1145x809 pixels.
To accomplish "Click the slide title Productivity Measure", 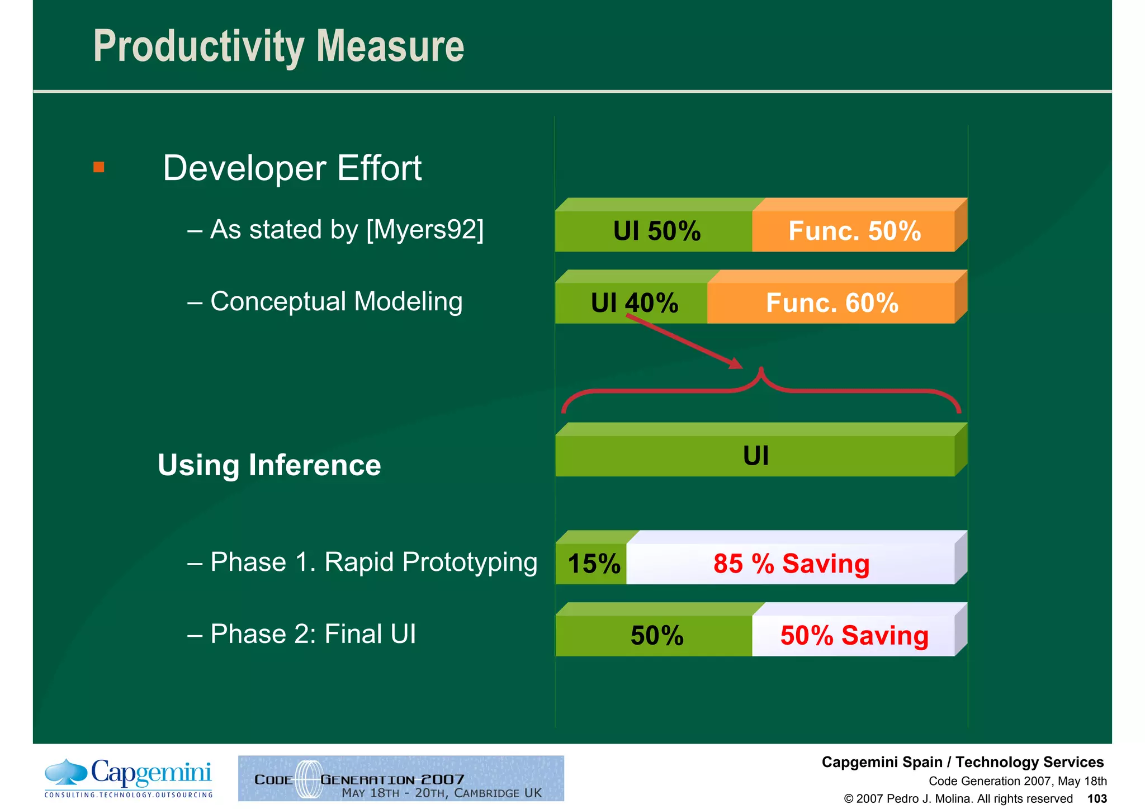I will click(x=278, y=46).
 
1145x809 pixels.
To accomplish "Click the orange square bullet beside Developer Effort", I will click(x=99, y=167).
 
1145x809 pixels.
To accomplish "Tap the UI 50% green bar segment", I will click(x=654, y=231).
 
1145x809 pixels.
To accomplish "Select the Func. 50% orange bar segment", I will click(x=854, y=231).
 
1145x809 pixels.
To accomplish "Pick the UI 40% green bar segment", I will click(x=632, y=303).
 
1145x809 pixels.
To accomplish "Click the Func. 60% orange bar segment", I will click(x=831, y=303).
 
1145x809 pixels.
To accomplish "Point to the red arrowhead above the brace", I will click(x=736, y=363).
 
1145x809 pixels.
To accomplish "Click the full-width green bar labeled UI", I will click(x=755, y=456).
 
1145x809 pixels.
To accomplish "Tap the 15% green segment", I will click(x=592, y=564).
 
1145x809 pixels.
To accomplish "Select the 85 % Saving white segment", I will click(x=791, y=564).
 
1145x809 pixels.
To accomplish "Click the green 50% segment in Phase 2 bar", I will click(x=655, y=636).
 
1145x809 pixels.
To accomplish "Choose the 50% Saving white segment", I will click(x=854, y=636).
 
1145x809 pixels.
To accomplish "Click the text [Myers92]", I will click(x=425, y=230).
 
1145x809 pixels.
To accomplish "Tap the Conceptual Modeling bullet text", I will click(x=335, y=302).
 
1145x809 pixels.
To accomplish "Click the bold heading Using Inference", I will click(x=269, y=465).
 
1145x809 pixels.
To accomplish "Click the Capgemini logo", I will click(x=129, y=778).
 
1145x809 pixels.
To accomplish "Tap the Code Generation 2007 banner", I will click(x=401, y=778).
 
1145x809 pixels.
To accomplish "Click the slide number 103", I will click(x=1097, y=799).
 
